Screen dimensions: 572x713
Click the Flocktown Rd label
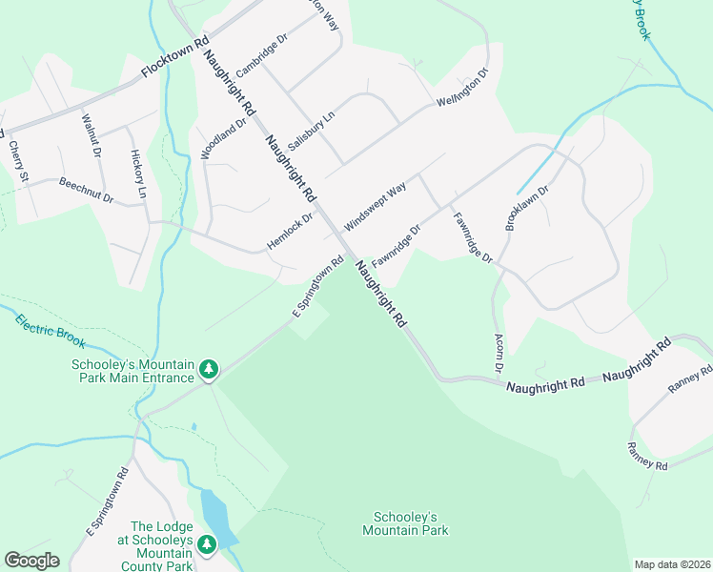coord(174,58)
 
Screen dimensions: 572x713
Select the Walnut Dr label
coord(92,135)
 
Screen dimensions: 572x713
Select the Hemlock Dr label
coord(290,230)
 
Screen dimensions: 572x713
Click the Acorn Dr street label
coord(498,353)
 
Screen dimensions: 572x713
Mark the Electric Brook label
coord(50,330)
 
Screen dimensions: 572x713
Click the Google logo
coord(31,561)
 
